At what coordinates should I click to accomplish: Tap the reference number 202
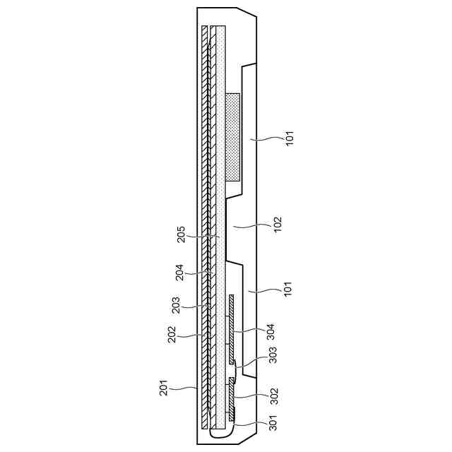[172, 334]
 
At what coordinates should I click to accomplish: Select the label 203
[176, 305]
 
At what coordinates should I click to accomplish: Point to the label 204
[179, 273]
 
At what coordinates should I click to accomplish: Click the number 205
[182, 235]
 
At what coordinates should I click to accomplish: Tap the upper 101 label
[290, 138]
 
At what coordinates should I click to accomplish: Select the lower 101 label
[288, 289]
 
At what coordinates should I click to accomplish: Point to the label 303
[273, 355]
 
